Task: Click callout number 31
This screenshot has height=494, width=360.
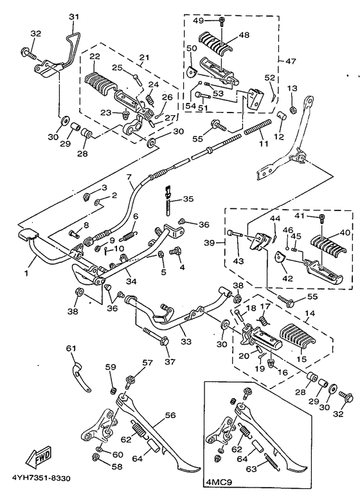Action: coord(75,17)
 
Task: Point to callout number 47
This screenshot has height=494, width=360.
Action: coord(291,60)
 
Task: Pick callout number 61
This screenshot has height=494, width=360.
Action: coord(71,349)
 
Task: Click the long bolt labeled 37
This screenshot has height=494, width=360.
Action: coord(157,336)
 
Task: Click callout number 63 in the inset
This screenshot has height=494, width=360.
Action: coord(251,468)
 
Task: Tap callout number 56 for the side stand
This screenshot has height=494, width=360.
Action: coord(170,415)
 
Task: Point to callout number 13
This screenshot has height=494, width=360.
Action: coord(292,88)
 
